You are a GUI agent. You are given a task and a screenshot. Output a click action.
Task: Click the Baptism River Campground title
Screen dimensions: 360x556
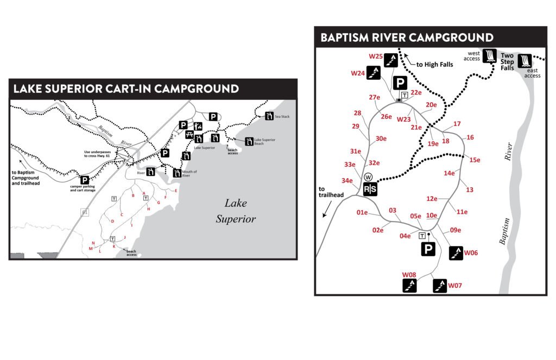pos(407,37)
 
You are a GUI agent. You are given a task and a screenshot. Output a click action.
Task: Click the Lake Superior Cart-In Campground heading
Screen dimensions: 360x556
pos(126,89)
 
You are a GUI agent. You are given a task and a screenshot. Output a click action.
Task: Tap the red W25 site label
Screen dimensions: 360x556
pos(376,56)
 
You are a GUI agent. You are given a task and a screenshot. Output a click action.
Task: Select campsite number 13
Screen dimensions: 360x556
pos(469,190)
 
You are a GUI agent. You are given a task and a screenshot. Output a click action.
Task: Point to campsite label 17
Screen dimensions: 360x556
pos(457,124)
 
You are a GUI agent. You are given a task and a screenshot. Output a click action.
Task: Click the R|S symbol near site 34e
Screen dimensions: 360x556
pos(370,189)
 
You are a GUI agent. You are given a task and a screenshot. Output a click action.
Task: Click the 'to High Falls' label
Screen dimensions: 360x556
pos(434,65)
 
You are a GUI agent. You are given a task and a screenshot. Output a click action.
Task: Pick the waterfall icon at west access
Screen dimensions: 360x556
pos(490,56)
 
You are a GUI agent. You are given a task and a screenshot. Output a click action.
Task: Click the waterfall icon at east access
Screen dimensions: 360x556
pos(525,61)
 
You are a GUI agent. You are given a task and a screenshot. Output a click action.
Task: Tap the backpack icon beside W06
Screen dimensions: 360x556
pos(456,253)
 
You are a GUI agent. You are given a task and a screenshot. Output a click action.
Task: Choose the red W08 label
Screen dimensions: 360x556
pos(409,275)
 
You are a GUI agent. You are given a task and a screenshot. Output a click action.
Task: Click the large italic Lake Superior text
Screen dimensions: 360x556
pos(236,211)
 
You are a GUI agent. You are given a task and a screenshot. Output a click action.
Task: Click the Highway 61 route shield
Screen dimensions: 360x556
pos(85,212)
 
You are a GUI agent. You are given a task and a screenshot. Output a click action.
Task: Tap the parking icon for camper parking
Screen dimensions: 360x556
pos(85,180)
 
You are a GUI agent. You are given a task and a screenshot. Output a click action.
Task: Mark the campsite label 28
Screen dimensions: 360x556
pos(357,113)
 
